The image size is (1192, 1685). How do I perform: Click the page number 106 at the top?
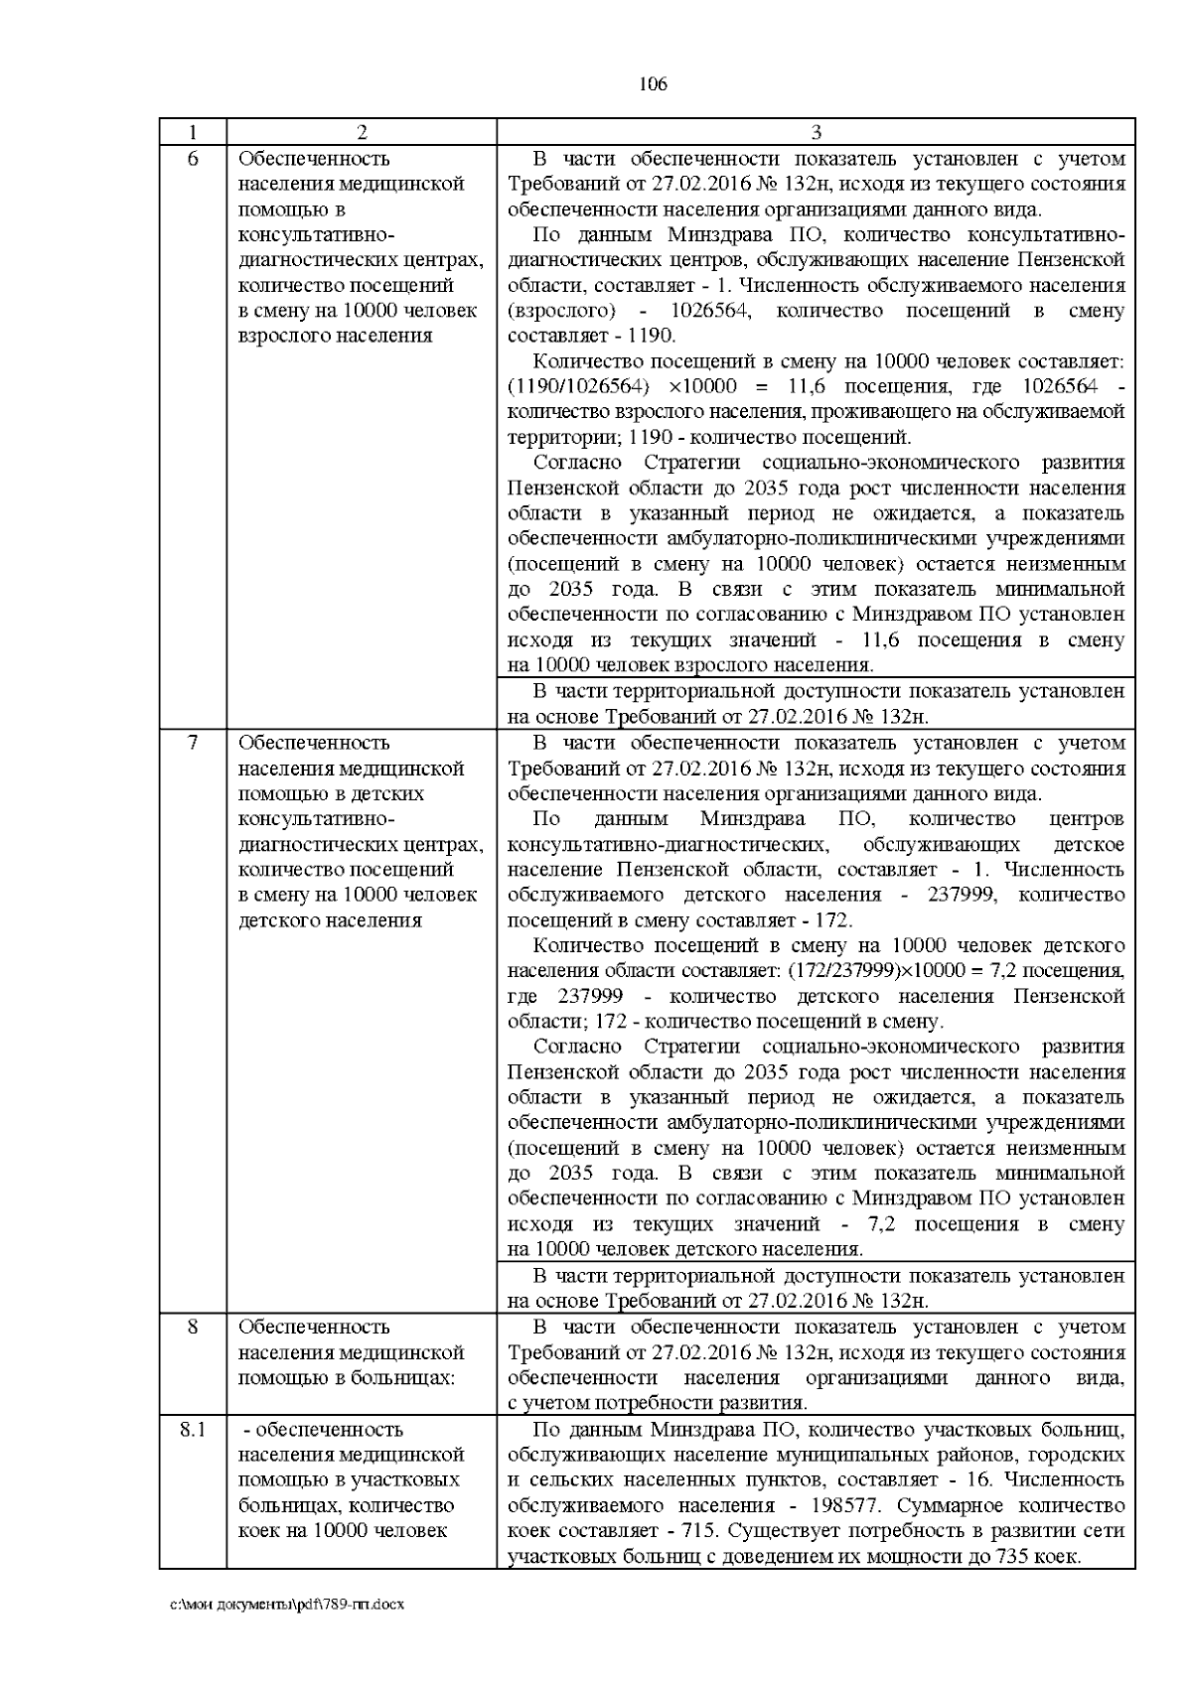(653, 84)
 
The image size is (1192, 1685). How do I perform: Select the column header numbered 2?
(362, 132)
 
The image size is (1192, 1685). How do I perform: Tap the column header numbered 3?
(816, 132)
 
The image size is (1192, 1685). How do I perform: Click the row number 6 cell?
(193, 159)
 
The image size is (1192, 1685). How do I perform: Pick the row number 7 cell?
(193, 743)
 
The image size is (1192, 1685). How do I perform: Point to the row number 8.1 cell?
(193, 1430)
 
